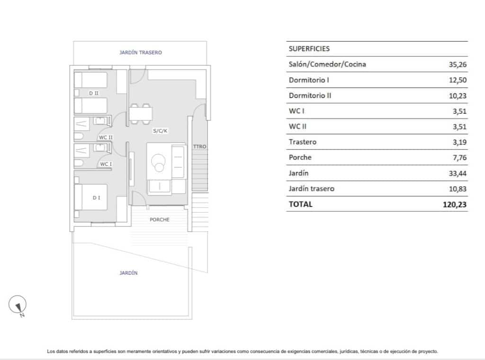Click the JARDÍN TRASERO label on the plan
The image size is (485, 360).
coord(140,53)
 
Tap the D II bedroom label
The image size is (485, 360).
coord(94,93)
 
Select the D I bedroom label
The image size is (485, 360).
coord(96,198)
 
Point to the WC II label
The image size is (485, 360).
coord(105,137)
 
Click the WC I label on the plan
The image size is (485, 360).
coord(105,164)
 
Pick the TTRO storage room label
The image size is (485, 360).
coord(200,147)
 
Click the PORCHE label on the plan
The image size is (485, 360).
coord(160,220)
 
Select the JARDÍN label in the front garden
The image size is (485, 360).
coord(129,273)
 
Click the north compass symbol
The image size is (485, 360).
coord(18,305)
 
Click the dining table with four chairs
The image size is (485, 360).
coord(141,114)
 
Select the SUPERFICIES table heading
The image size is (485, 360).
coord(309,49)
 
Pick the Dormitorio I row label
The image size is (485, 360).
coord(309,80)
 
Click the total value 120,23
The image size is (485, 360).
coord(454,205)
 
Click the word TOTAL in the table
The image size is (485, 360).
coord(301,204)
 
